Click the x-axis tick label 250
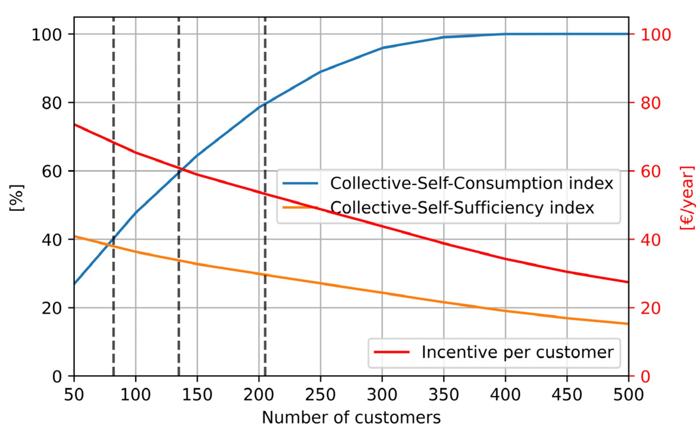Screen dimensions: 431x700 [320, 395]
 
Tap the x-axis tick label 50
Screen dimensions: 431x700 [74, 395]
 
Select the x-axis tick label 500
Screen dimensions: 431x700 [628, 395]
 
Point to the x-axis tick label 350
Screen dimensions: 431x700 [443, 395]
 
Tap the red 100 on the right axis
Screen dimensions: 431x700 [656, 35]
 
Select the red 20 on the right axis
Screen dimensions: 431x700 [651, 308]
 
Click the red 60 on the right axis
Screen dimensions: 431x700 [651, 172]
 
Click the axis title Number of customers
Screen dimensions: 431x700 [351, 418]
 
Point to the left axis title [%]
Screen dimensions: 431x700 [17, 198]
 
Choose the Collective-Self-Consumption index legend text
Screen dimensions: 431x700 [471, 183]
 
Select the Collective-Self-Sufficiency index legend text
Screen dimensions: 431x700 [462, 207]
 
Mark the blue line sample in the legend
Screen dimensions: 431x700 [300, 183]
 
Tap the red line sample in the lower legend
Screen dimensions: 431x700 [392, 352]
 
